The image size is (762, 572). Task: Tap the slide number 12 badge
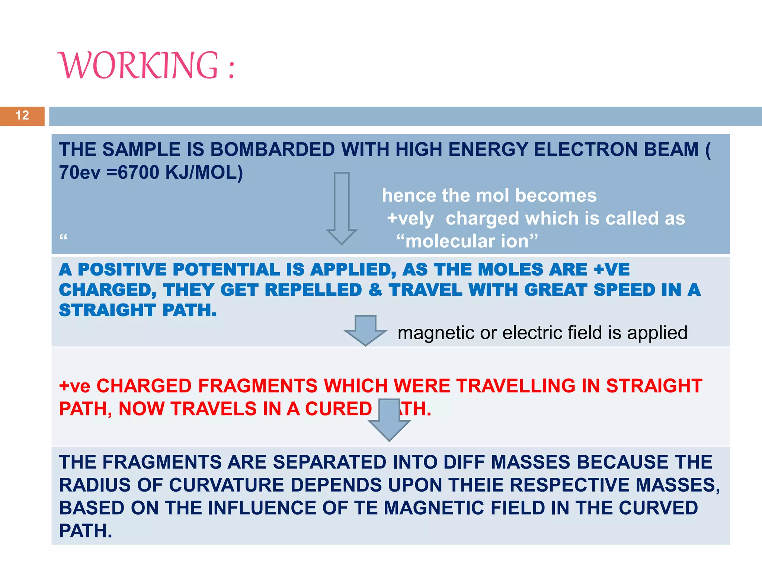coord(22,115)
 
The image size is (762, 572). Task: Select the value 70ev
coord(80,173)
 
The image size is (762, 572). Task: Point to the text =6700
coord(133,173)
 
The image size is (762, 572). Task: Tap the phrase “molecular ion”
coord(467,241)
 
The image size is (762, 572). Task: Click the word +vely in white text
coord(410,219)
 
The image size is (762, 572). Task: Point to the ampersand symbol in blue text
coord(375,290)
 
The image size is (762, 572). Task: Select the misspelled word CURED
coord(338,409)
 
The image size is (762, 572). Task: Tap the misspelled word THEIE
coord(476,485)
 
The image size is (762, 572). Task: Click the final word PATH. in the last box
coord(86,531)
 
